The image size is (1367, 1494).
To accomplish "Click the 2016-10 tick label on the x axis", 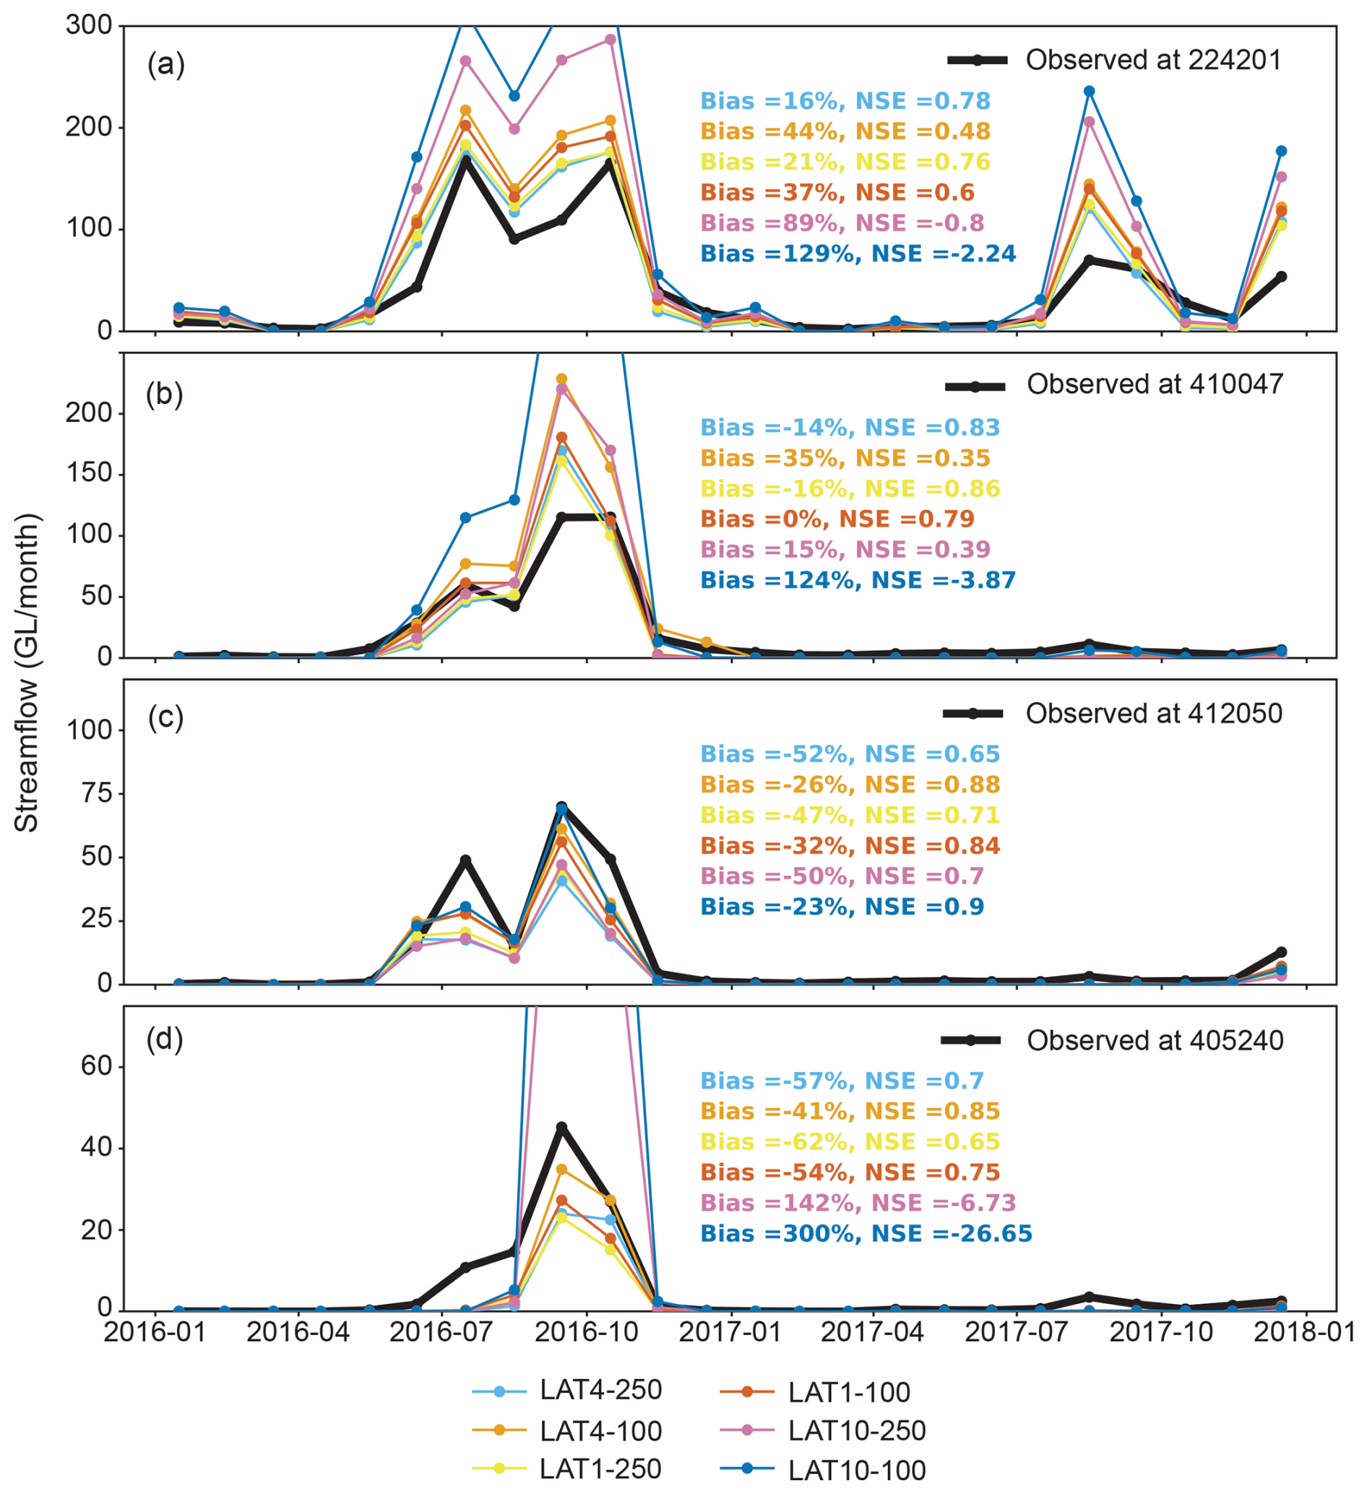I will coord(587,1331).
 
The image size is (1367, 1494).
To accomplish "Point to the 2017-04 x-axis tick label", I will coord(873,1331).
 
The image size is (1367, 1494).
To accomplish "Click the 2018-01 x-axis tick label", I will coord(1304,1331).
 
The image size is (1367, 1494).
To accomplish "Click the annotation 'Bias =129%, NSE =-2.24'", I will coord(858,254).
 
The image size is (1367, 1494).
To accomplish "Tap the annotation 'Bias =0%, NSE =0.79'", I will coord(837,519).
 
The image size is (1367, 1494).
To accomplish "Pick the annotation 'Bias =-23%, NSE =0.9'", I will coord(842,907).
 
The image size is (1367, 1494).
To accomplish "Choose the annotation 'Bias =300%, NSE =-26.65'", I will coord(866,1233).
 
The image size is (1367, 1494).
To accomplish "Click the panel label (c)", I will coord(165,717).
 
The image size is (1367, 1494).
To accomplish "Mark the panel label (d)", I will coord(165,1039).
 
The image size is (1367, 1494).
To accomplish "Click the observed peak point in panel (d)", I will coord(561,1127).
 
